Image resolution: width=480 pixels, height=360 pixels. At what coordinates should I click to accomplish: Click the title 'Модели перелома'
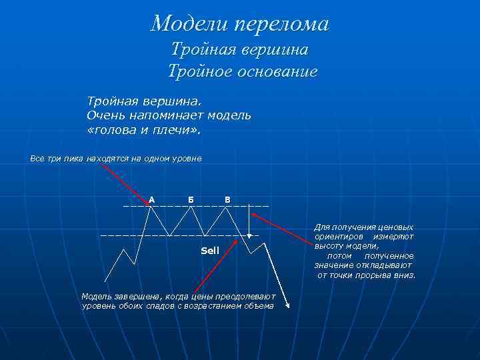(240, 24)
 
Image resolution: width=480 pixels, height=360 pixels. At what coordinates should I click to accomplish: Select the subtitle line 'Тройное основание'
(242, 71)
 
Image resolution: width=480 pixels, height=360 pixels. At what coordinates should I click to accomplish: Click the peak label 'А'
(152, 199)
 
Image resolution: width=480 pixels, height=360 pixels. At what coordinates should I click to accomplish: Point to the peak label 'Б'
(191, 199)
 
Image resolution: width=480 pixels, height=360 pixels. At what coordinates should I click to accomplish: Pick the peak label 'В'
(227, 199)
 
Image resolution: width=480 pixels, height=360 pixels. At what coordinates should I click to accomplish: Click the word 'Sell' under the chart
(210, 251)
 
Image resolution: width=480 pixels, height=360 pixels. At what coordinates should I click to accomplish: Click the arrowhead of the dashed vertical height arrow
(249, 235)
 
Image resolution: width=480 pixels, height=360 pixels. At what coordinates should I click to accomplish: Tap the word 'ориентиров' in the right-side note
(339, 237)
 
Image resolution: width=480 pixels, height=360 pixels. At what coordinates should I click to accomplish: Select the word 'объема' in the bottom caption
(259, 306)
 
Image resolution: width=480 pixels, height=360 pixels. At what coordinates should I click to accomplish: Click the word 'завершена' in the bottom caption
(128, 296)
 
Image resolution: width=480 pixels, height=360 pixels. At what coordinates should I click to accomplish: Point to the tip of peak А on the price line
(153, 207)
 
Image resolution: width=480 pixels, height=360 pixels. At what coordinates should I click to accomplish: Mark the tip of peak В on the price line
(228, 207)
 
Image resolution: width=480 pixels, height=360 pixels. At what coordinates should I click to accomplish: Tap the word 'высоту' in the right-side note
(328, 246)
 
